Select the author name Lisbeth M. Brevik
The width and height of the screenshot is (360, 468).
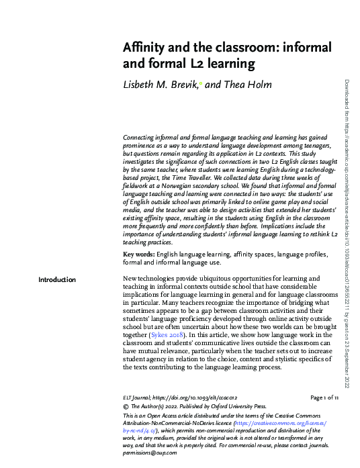click(x=161, y=84)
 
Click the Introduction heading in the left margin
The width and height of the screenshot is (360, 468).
click(x=57, y=279)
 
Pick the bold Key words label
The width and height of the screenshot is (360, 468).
click(x=138, y=256)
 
